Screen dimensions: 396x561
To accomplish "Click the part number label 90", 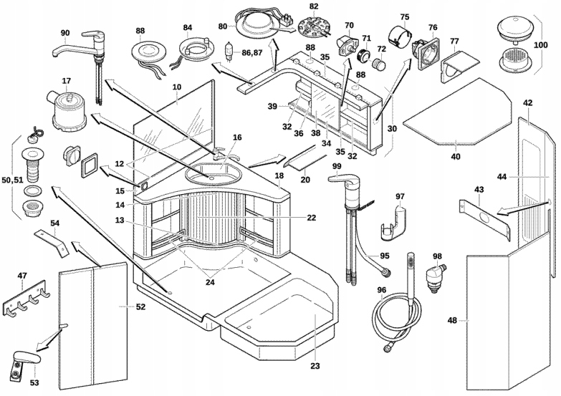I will pyautogui.click(x=65, y=33).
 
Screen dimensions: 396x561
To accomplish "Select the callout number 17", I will pyautogui.click(x=66, y=82).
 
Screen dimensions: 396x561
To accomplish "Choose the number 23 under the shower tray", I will pyautogui.click(x=315, y=366).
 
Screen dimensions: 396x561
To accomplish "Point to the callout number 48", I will pyautogui.click(x=451, y=320).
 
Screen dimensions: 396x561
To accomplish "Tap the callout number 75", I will pyautogui.click(x=405, y=17).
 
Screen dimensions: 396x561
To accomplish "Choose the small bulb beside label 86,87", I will pyautogui.click(x=230, y=52).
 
